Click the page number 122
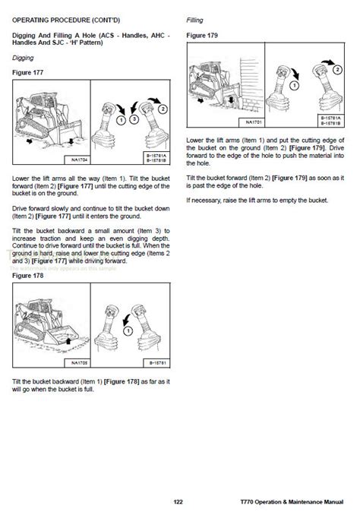pos(178,502)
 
